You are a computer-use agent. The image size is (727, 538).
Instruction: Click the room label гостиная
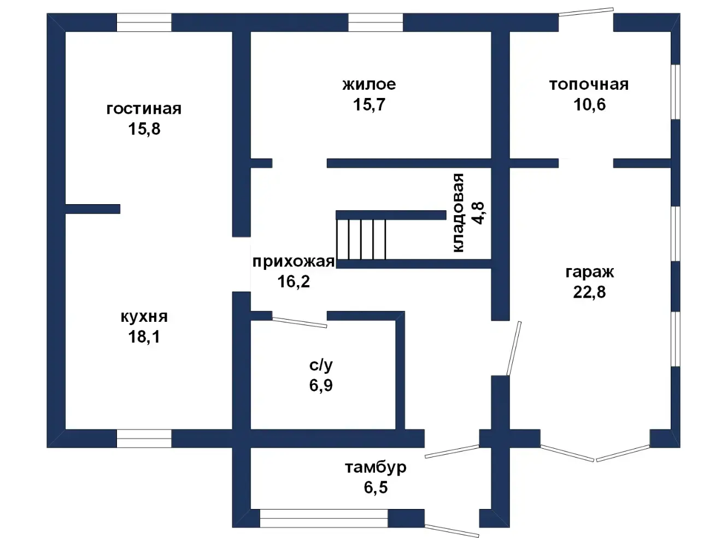144,108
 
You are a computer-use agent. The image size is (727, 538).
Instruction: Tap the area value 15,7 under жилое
370,104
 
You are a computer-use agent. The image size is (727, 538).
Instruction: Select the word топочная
589,84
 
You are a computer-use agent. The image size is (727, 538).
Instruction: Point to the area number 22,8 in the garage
589,292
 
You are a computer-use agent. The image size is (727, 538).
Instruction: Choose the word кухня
144,316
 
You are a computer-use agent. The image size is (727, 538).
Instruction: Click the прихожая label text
294,262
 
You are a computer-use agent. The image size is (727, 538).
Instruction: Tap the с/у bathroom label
321,365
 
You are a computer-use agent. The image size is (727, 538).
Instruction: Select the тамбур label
376,467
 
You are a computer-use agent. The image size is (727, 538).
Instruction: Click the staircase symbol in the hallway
361,239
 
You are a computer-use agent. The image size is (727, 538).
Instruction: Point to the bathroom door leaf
300,322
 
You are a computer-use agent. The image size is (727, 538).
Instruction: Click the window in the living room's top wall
144,22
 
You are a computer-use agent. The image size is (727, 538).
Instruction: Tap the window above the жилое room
376,22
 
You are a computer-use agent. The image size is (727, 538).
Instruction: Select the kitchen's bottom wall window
144,438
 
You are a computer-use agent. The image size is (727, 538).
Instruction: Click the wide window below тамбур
324,518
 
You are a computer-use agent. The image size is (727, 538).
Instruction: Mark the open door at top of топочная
586,12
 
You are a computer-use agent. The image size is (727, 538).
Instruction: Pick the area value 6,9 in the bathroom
321,385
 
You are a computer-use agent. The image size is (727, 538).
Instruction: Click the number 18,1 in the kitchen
144,337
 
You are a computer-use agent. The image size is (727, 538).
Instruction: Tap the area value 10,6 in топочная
589,105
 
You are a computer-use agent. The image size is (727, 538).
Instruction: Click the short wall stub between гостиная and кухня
93,209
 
